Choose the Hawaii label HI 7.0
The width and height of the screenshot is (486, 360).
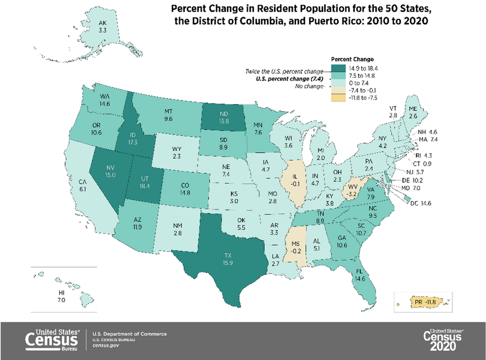coord(61,297)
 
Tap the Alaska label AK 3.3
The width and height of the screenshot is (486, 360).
coord(103,26)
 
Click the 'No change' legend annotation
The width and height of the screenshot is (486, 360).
coord(309,86)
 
